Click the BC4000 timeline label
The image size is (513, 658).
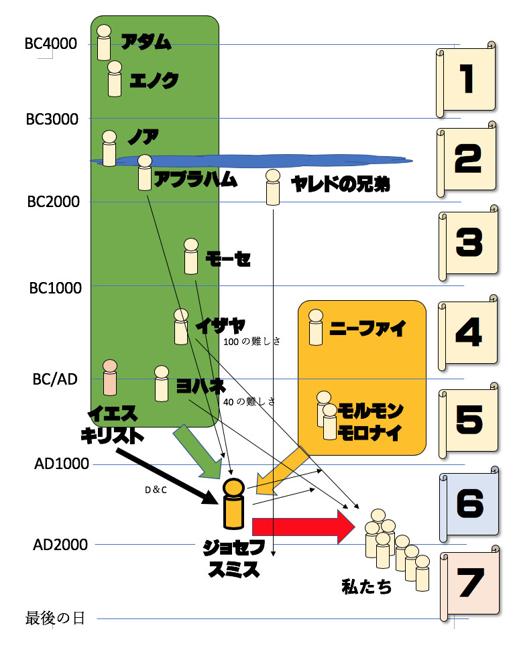[51, 44]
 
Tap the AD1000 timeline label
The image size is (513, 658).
[60, 464]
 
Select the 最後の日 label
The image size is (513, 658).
[55, 617]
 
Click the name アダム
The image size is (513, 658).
[146, 42]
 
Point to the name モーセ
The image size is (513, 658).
[228, 259]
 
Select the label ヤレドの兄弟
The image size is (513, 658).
[340, 184]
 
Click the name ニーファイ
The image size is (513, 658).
[368, 329]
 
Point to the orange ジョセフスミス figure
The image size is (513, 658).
[233, 504]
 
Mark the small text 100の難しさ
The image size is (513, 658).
[250, 341]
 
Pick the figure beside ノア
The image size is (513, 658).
[109, 148]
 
